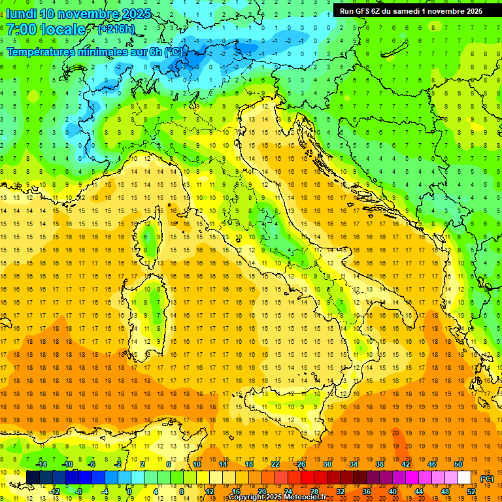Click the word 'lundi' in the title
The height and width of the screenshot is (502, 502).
click(x=20, y=14)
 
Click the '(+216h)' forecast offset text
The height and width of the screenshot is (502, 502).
click(x=116, y=29)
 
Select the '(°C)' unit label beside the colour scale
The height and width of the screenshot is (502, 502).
click(x=486, y=478)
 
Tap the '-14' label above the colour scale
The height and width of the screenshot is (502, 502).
click(x=41, y=464)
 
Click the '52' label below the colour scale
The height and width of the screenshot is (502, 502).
click(x=471, y=492)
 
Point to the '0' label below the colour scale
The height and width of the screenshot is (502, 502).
click(x=129, y=492)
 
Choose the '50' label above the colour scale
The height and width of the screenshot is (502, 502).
click(x=458, y=464)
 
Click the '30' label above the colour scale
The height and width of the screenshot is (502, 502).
click(x=327, y=464)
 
